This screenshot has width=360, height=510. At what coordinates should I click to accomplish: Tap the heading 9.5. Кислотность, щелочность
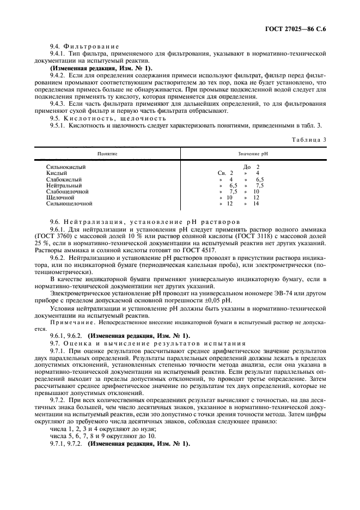point(108,118)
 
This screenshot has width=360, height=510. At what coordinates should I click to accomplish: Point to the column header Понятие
point(107,154)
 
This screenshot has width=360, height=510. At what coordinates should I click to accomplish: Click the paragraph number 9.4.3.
point(59,105)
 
